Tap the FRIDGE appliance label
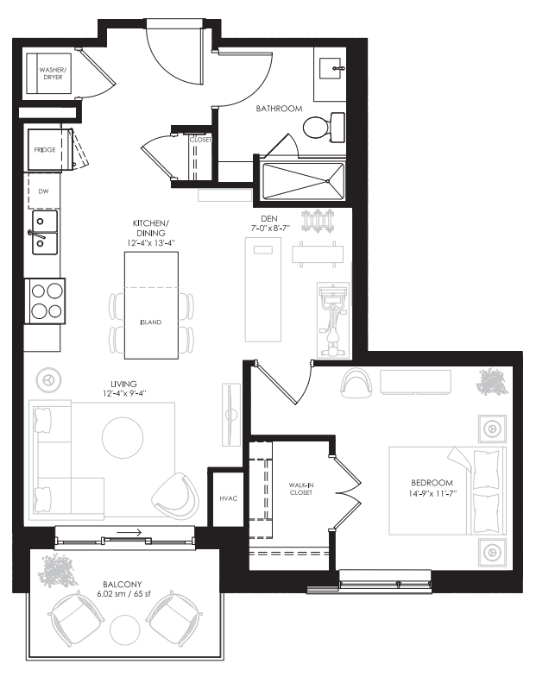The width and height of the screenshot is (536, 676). click(x=45, y=150)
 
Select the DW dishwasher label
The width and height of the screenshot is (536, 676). click(x=43, y=191)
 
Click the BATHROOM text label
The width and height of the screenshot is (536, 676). click(x=279, y=110)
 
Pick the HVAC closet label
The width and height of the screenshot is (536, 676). click(x=228, y=499)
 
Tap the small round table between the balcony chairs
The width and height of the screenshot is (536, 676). click(x=126, y=629)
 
